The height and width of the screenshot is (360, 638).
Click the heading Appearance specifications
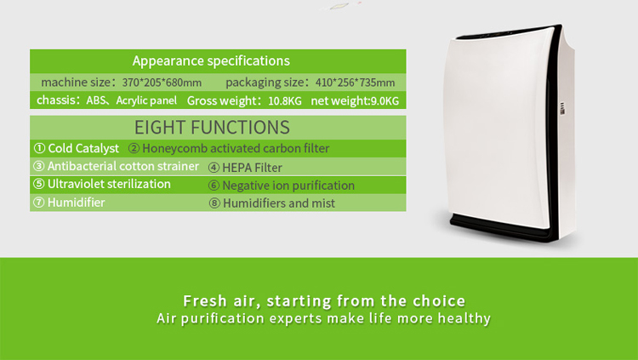point(211,61)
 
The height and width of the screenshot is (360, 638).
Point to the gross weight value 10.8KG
point(284,101)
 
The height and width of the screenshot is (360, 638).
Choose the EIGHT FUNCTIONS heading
point(212,128)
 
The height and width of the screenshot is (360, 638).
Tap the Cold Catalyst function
point(77,149)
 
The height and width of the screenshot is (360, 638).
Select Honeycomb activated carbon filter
point(229,149)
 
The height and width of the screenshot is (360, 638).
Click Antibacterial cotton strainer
point(117,167)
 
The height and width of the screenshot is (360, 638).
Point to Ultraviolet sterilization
point(102,185)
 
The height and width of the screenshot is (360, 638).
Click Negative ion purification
point(282,186)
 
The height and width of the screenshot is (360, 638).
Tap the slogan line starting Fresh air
point(324,301)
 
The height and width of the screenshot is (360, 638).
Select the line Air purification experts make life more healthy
point(324,319)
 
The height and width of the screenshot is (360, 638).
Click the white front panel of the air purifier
point(502,128)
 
